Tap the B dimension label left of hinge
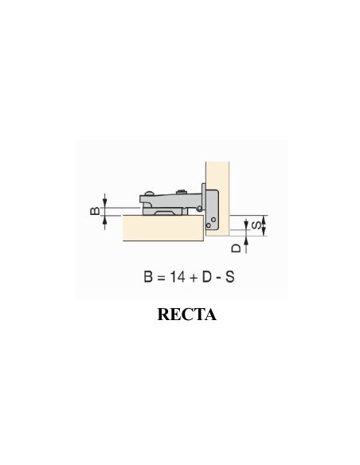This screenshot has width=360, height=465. pos(93,212)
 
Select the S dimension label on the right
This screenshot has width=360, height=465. pos(254,225)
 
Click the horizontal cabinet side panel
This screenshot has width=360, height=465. pos(159,229)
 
